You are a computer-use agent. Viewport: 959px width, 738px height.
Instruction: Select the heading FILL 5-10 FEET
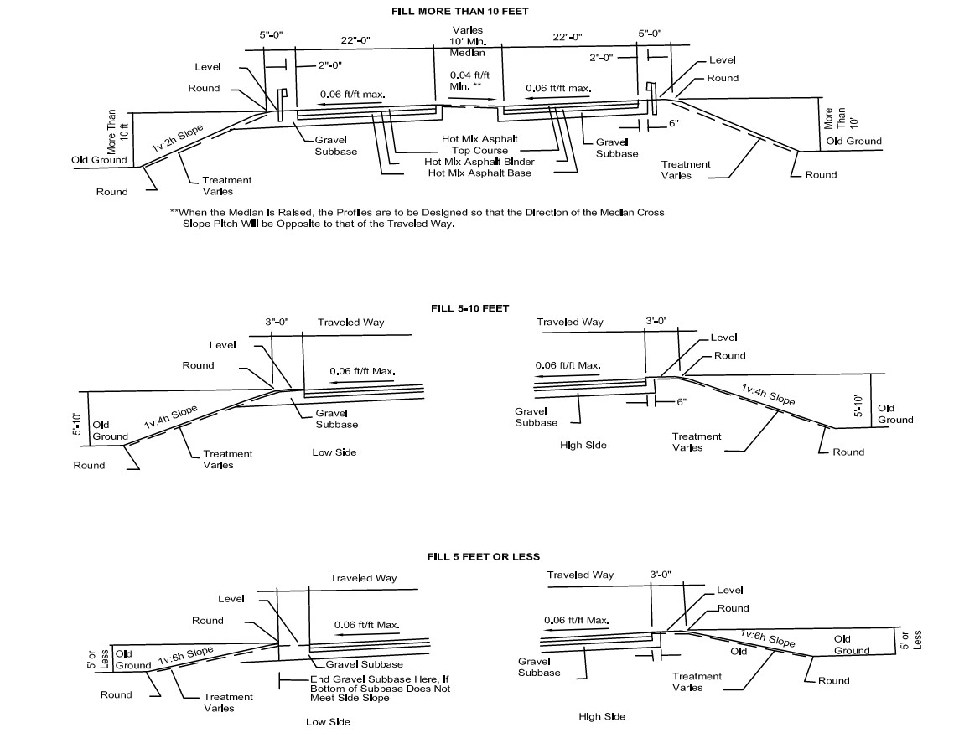click(469, 308)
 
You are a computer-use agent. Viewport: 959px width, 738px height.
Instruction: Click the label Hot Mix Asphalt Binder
click(479, 162)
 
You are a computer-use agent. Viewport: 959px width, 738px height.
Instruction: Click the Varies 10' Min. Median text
click(467, 42)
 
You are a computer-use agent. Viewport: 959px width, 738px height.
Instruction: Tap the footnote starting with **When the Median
click(417, 218)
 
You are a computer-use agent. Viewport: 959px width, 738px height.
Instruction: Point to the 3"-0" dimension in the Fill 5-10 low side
click(277, 322)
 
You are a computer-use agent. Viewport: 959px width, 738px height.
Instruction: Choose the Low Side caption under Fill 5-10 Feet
click(334, 452)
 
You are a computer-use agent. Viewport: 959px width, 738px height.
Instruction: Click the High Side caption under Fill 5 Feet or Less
click(602, 717)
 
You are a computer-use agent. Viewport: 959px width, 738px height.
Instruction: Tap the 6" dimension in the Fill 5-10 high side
click(681, 402)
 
